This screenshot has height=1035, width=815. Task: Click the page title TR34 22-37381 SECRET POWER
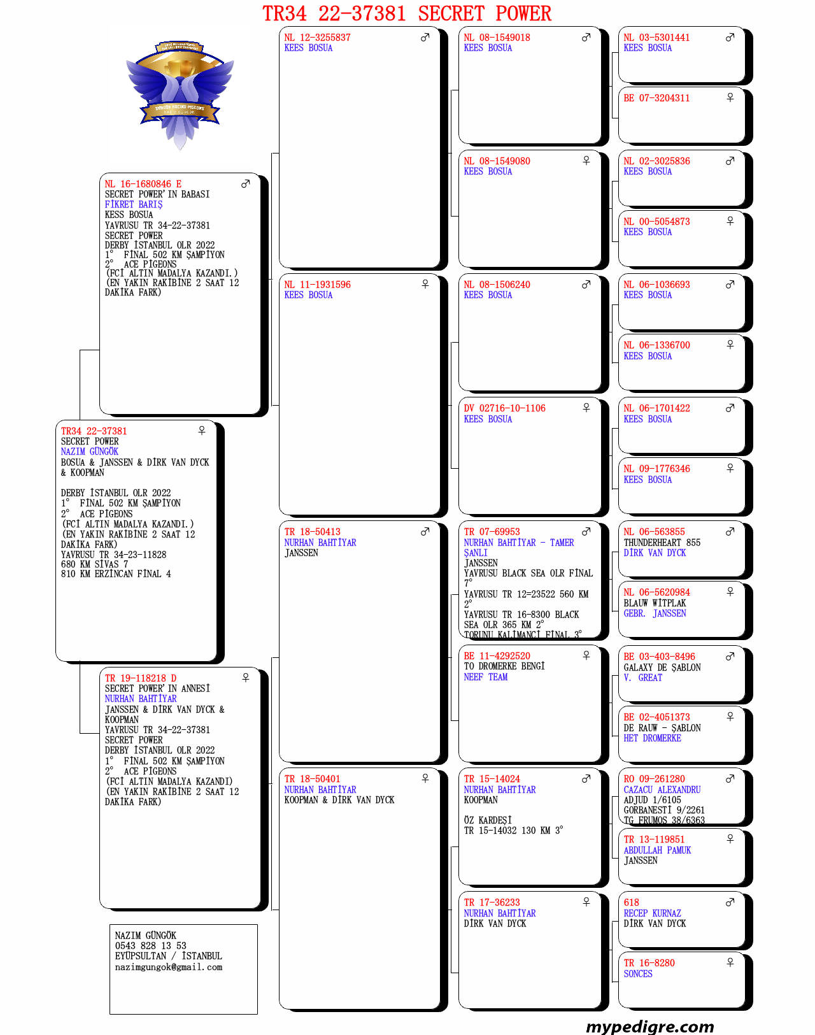407,13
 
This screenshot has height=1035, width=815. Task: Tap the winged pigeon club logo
180,92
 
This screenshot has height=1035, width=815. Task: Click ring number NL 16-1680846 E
143,184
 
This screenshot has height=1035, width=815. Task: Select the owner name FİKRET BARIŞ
134,204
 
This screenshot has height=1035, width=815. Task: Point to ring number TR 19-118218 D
141,678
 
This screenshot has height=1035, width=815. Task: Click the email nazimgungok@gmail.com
169,967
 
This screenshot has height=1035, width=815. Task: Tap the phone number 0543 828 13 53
151,946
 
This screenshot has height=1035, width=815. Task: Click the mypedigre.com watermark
649,1026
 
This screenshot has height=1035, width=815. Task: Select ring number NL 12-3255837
317,38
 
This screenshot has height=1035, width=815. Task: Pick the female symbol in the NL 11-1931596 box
425,284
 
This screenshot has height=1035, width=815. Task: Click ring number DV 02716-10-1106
504,408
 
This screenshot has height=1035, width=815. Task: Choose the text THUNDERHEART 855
662,543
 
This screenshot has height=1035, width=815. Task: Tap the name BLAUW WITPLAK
655,603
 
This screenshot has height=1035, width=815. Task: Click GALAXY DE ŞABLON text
662,667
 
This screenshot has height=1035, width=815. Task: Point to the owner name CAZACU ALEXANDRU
662,790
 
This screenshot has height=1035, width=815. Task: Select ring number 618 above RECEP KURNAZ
632,903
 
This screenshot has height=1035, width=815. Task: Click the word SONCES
638,973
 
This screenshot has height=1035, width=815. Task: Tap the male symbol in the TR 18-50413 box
425,531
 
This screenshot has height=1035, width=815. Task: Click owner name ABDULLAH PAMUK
657,850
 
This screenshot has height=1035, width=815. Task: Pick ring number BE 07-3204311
656,98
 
